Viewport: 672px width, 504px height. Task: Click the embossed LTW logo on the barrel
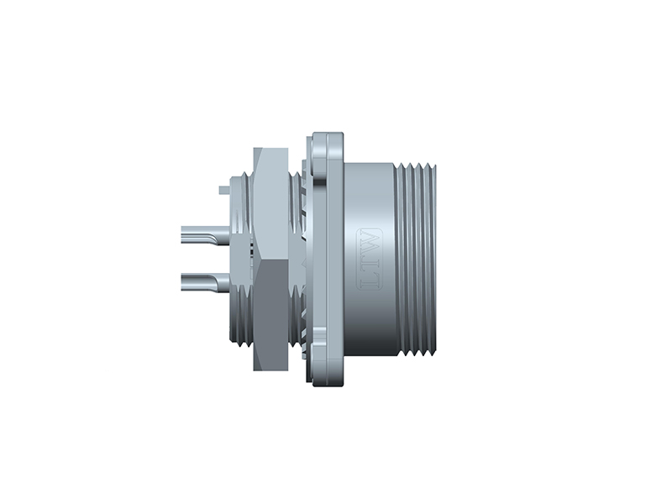pos(370,258)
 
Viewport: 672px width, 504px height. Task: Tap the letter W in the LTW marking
pos(370,240)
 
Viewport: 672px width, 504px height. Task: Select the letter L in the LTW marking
pos(370,278)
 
